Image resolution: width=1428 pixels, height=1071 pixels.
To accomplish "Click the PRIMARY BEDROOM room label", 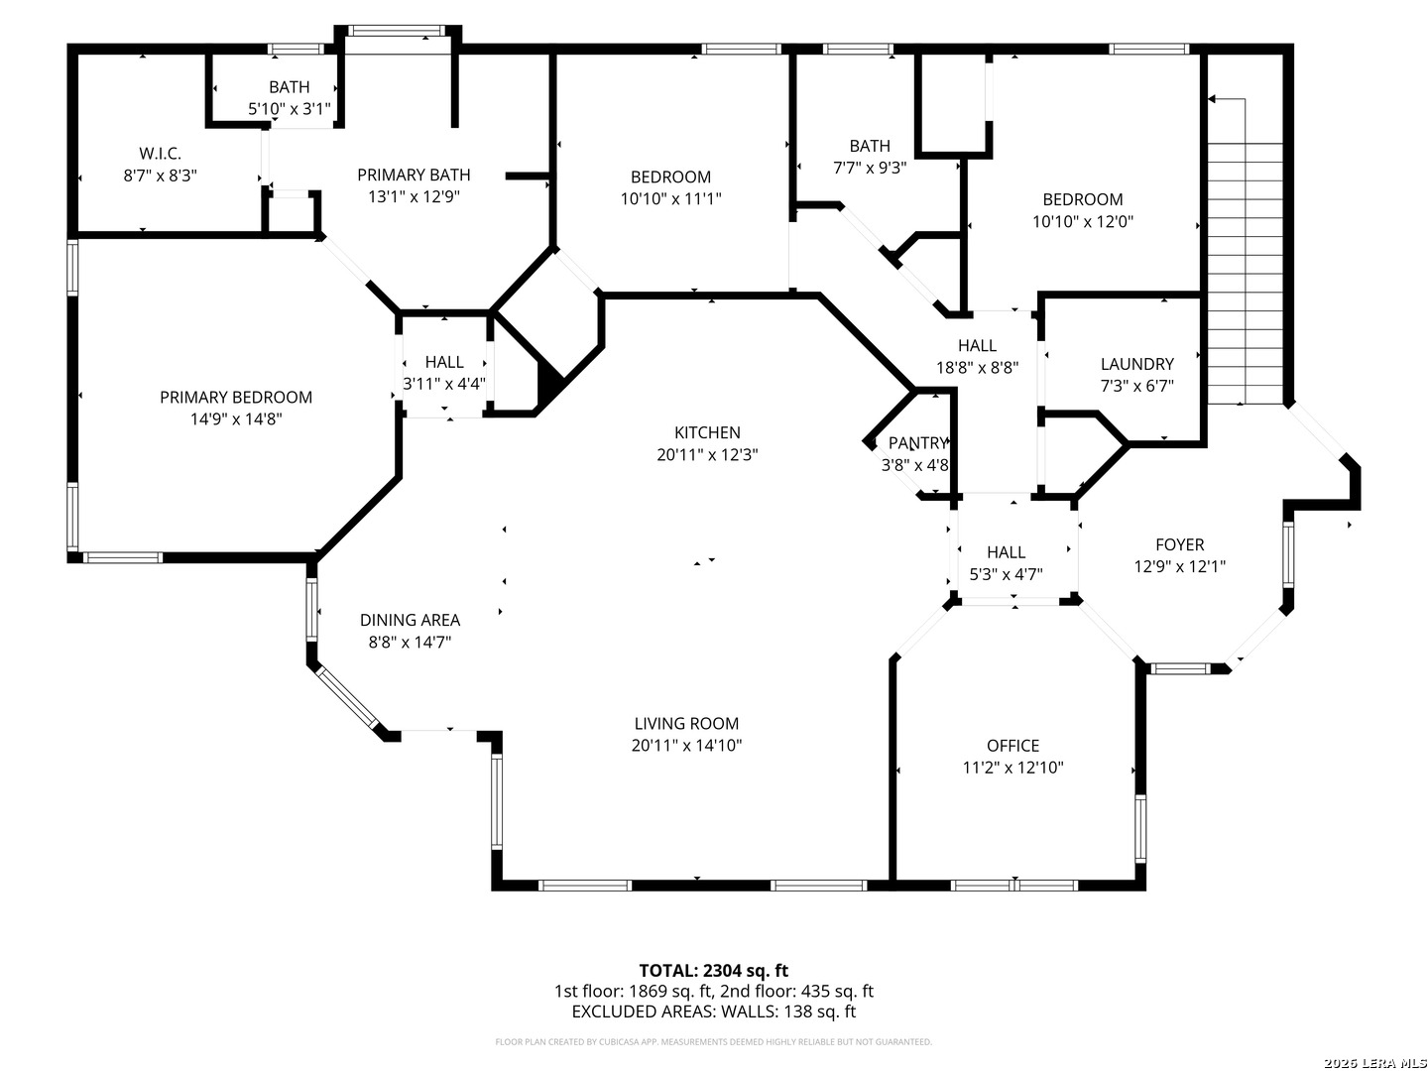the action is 235,397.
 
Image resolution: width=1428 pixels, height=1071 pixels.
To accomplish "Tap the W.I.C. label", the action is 160,154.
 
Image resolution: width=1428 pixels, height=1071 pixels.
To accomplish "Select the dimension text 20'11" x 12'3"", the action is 707,454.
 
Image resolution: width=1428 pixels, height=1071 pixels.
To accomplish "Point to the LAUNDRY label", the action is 1136,364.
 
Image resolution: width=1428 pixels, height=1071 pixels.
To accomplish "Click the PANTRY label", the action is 918,443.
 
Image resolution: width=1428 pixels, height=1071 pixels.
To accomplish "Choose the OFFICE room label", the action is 1012,745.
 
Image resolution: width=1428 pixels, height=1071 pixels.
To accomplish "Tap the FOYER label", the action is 1179,544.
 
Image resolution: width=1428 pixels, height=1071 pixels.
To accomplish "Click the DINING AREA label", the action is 410,620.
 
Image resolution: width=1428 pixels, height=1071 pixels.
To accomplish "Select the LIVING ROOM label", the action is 686,723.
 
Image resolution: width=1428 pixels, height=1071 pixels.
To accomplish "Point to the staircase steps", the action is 1245,273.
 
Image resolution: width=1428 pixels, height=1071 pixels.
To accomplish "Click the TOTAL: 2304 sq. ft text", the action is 714,970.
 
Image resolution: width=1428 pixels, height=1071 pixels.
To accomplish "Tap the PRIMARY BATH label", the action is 414,175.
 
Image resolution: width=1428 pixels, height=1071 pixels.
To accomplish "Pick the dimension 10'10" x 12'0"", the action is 1083,222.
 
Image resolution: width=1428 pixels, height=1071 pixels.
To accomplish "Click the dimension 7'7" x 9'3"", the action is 870,168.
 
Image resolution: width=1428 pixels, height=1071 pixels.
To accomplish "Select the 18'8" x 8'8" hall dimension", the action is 977,367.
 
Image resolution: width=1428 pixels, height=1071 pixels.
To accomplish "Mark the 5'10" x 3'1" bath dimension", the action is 290,109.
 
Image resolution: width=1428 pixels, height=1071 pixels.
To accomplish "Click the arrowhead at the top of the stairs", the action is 1212,99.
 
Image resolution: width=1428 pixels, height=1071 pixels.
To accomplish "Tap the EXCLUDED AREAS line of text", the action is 714,1011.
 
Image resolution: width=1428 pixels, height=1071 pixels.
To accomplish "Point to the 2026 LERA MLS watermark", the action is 1374,1063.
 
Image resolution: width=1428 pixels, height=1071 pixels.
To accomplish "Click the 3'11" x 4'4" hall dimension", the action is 444,384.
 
